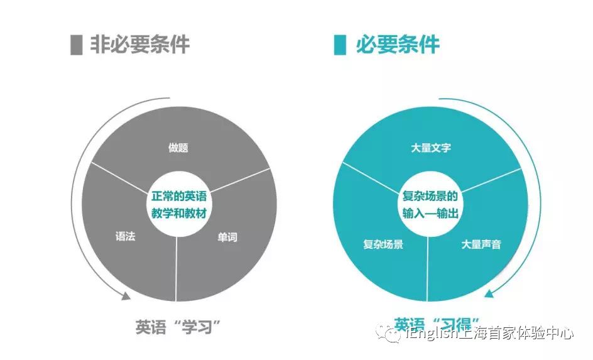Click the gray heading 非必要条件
click(139, 45)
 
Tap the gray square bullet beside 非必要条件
click(77, 45)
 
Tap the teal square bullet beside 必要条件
click(340, 45)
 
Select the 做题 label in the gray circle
click(178, 148)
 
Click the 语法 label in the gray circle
click(125, 237)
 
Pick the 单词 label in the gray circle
click(227, 237)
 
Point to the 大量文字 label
click(430, 148)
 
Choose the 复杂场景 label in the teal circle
click(383, 244)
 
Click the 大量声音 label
click(481, 244)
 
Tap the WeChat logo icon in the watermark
click(394, 334)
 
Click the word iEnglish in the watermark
click(432, 334)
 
